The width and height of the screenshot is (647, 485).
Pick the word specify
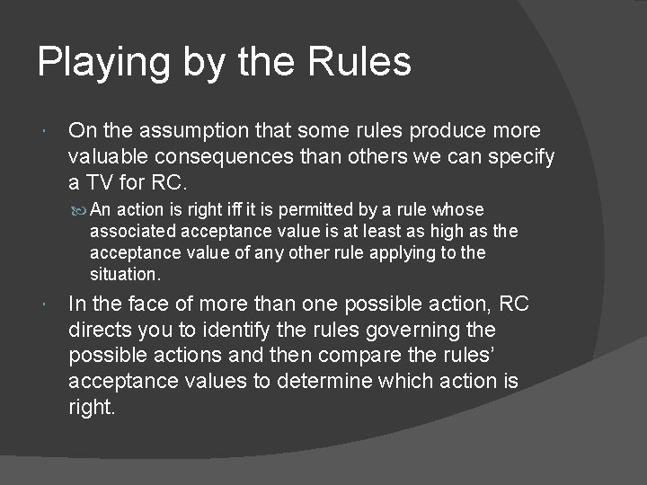pos(522,157)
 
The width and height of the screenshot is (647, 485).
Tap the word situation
pos(124,274)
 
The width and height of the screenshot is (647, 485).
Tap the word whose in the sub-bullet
pos(458,210)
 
